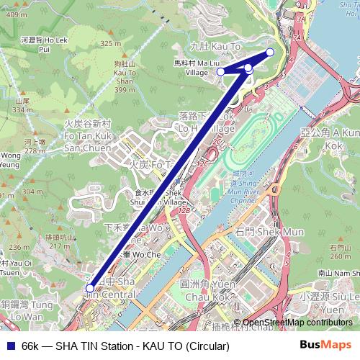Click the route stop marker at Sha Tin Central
pyautogui.click(x=89, y=288)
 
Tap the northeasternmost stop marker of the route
pyautogui.click(x=270, y=52)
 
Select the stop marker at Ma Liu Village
pyautogui.click(x=221, y=71)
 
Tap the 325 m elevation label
pyautogui.click(x=111, y=44)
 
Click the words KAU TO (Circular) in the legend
pyautogui.click(x=189, y=346)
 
